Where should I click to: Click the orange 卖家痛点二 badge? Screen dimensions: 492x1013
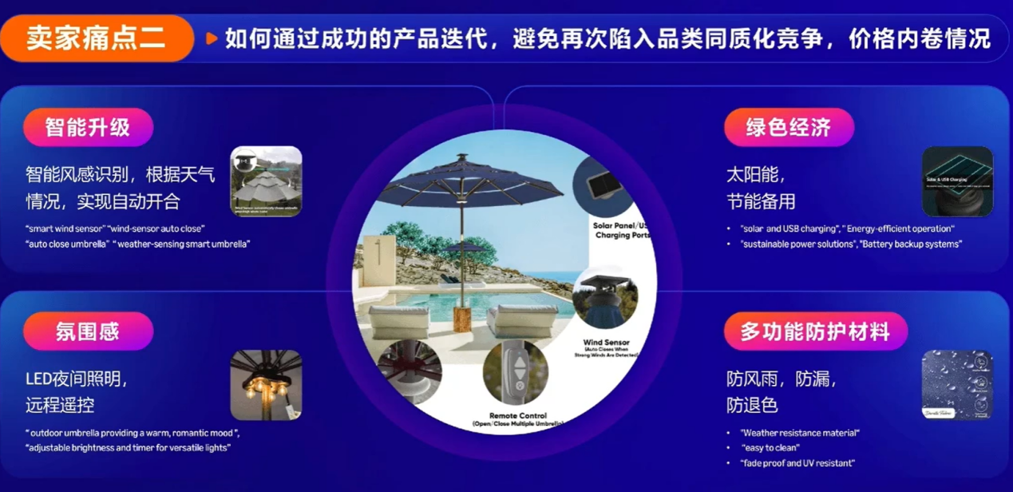tap(96, 38)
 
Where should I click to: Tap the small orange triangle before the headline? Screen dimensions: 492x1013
tap(212, 38)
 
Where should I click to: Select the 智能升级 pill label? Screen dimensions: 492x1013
tap(88, 127)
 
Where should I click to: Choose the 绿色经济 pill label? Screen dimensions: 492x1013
tap(789, 127)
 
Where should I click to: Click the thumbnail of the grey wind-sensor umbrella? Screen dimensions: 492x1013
tap(266, 181)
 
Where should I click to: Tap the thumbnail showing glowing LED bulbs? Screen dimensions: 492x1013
tap(266, 385)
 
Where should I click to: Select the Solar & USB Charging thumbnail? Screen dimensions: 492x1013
tap(957, 181)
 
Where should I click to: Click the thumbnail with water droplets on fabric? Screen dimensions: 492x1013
tap(957, 385)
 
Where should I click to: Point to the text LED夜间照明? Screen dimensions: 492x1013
tap(77, 380)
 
